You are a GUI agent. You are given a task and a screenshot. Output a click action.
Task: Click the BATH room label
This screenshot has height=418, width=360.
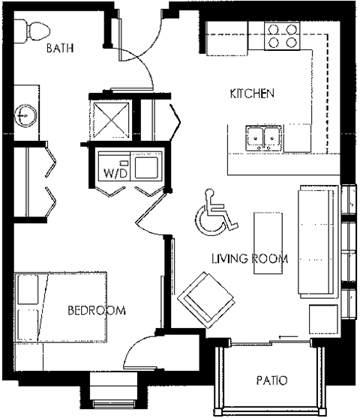59,49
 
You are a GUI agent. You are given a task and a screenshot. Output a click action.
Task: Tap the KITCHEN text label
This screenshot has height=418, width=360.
252,94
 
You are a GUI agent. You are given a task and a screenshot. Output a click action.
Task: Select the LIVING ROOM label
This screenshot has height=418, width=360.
250,259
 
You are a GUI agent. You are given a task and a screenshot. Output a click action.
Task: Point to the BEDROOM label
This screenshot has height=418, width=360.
96,310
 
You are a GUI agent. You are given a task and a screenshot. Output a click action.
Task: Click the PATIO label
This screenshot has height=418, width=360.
271,381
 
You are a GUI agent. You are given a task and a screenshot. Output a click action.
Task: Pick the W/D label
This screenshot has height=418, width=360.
115,173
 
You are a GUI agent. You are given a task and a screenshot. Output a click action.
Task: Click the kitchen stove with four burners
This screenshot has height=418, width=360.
283,36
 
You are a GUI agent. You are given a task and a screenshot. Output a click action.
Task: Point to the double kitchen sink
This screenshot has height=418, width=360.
263,136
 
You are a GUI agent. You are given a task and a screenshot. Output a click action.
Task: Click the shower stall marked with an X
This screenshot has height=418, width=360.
109,118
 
